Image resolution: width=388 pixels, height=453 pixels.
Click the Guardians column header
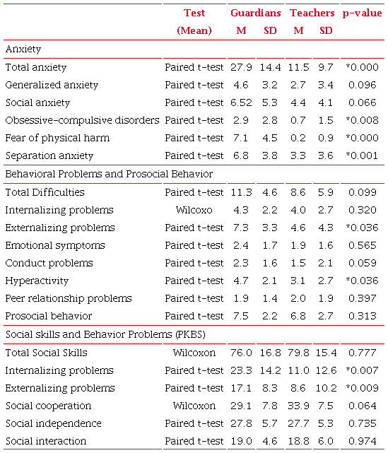tap(255, 13)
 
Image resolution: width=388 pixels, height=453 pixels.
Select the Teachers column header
tap(312, 13)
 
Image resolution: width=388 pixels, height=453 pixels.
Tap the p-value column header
tap(363, 13)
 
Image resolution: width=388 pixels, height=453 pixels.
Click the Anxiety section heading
tap(23, 49)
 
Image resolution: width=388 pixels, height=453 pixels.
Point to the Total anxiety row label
tap(36, 67)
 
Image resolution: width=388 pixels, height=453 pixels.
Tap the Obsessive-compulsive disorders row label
tap(82, 120)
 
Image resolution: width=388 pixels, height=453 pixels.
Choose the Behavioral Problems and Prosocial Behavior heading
tap(109, 174)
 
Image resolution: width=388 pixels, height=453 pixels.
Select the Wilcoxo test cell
tap(194, 210)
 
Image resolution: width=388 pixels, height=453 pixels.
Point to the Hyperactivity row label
tap(33, 281)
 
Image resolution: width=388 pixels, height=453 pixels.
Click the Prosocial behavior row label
tap(48, 316)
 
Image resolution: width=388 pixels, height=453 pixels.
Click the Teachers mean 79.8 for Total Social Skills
tap(299, 353)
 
